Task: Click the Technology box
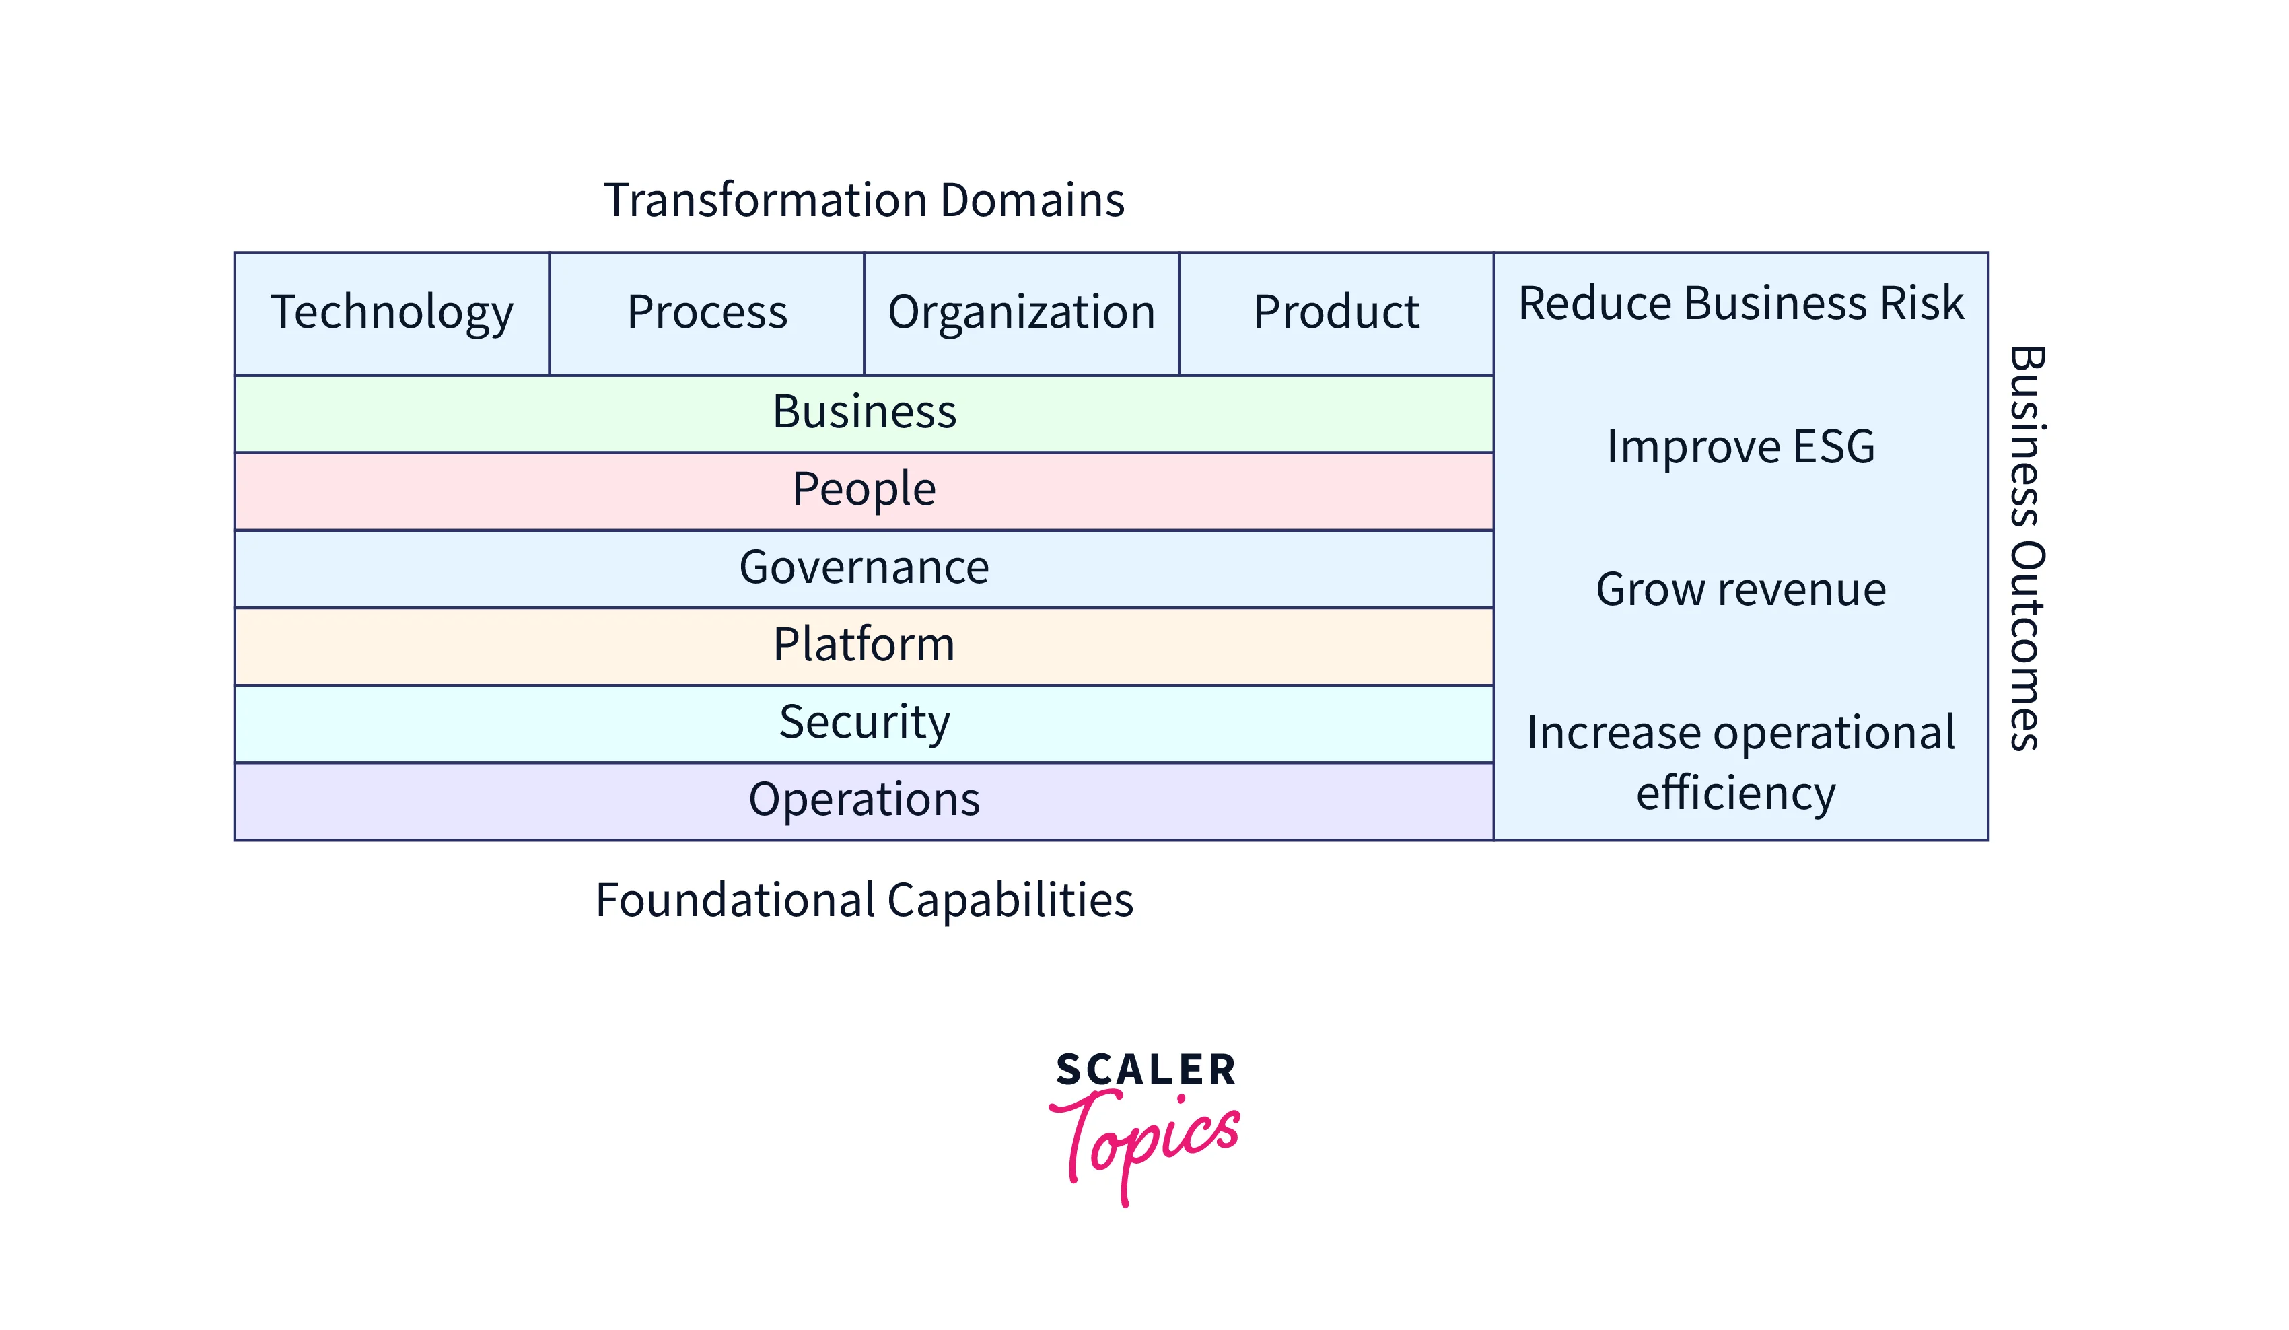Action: [392, 314]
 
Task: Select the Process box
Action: [707, 314]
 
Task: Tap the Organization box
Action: [1022, 314]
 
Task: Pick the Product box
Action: [1336, 314]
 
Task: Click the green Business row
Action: [864, 413]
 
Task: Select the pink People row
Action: [864, 491]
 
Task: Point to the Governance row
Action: [864, 569]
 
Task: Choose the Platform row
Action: [864, 646]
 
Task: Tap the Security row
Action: [864, 724]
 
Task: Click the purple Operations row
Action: [864, 801]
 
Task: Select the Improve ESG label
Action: [1740, 447]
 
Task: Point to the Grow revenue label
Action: [1740, 590]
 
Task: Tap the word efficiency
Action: [1736, 793]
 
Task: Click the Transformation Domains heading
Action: [864, 200]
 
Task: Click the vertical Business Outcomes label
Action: [2027, 548]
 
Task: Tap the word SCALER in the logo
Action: [1146, 1070]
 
